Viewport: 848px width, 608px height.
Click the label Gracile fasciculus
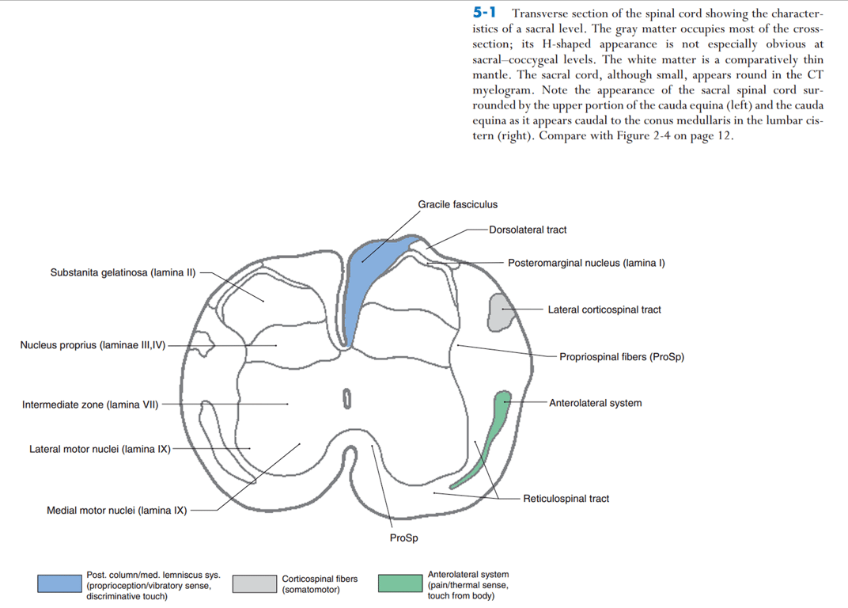457,204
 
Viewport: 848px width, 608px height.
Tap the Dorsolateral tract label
528,230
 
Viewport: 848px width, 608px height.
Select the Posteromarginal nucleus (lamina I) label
586,263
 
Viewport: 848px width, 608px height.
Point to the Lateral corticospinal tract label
604,310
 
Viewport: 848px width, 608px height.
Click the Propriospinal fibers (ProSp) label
622,357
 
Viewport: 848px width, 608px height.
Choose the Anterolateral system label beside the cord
595,403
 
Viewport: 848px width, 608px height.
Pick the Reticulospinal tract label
566,499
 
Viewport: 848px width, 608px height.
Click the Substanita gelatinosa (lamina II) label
123,273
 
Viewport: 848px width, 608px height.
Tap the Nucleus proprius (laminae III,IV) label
93,345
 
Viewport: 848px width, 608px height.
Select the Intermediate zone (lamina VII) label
90,405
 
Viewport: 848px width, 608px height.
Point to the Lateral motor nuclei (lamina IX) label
100,450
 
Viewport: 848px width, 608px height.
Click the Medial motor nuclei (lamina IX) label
117,511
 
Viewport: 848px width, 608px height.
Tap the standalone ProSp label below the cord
403,538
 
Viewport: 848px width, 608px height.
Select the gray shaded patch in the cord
500,313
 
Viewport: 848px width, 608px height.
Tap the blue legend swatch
59,583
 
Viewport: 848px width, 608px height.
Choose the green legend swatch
399,583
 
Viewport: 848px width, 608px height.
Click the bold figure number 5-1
483,13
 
